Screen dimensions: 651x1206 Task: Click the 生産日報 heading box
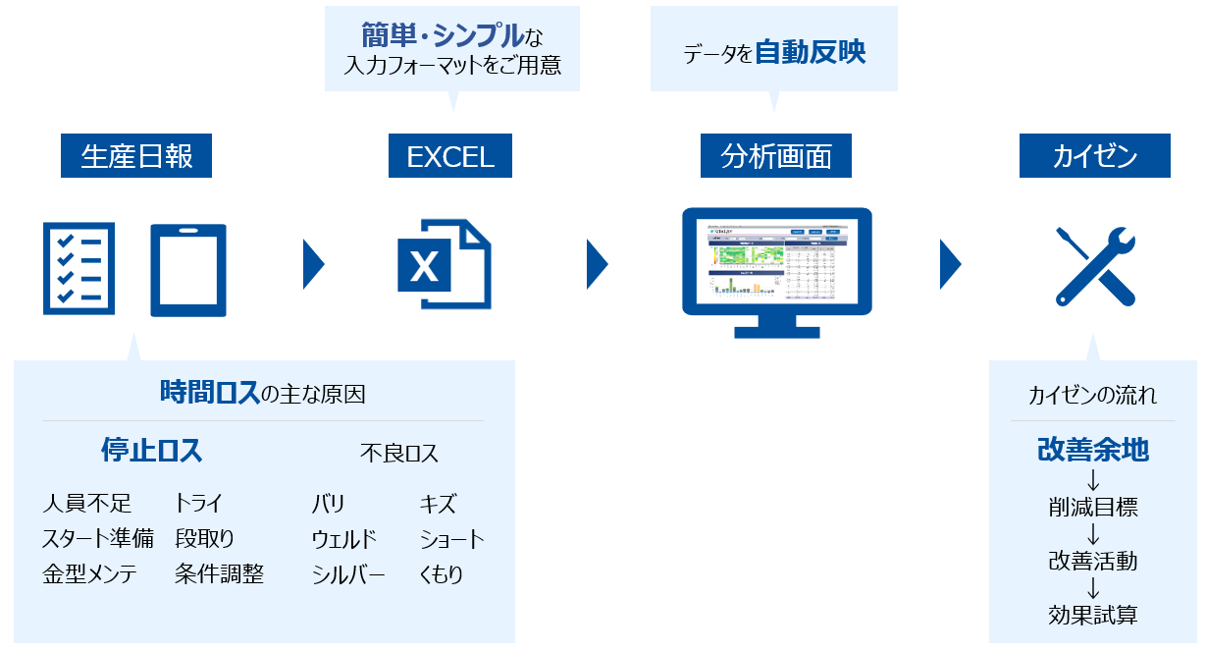click(136, 156)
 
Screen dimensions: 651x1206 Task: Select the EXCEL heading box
click(450, 156)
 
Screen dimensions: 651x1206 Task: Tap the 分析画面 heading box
click(776, 156)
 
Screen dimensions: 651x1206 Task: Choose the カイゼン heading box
click(1094, 156)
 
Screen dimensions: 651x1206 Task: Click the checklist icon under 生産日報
click(79, 267)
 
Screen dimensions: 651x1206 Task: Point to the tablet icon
click(188, 269)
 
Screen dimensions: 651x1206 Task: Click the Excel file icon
click(444, 264)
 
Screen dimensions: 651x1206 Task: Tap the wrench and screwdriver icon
click(1094, 265)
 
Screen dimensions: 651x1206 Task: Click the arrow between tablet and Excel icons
click(313, 263)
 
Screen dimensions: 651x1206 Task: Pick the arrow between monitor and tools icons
click(949, 263)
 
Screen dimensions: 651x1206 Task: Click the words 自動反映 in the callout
click(811, 52)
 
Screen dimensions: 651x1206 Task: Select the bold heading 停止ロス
click(151, 451)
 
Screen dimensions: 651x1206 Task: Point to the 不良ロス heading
click(399, 453)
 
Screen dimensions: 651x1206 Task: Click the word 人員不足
click(86, 505)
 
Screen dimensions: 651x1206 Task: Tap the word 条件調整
click(220, 574)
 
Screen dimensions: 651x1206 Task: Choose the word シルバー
click(348, 574)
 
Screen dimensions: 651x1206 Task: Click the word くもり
click(442, 574)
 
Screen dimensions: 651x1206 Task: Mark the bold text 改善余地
click(1093, 451)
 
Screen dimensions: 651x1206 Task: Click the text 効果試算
click(1093, 616)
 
